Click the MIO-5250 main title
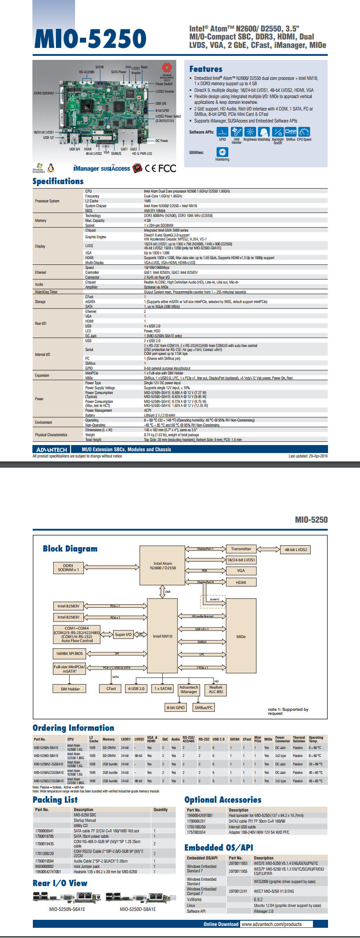(90, 39)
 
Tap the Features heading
(206, 69)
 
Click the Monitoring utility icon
(222, 152)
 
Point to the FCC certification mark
(167, 168)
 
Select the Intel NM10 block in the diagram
(162, 636)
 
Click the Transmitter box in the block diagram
(241, 549)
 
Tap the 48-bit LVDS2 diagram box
(296, 550)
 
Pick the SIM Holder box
(70, 689)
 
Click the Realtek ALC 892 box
(216, 690)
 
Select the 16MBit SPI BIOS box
(69, 654)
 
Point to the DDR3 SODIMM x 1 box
(68, 568)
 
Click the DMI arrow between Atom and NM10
(162, 591)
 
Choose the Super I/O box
(123, 635)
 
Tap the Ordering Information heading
(73, 728)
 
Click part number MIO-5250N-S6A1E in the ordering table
(46, 748)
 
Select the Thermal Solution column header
(299, 739)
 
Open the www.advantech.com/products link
(276, 924)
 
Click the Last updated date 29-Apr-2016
(308, 456)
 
